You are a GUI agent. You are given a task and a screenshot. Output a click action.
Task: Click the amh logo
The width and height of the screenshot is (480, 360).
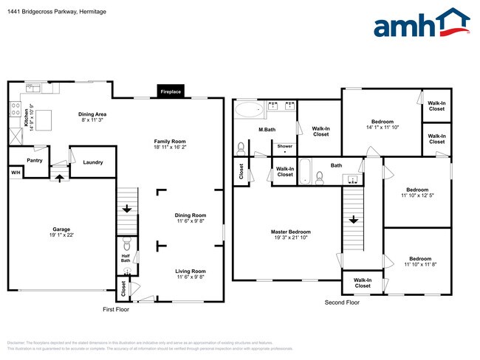421,24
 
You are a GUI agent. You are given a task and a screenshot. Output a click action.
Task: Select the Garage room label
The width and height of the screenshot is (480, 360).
61,232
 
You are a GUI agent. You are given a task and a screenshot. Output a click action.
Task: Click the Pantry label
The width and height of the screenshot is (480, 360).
34,160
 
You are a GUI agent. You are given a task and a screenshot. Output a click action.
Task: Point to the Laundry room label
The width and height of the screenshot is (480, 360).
92,162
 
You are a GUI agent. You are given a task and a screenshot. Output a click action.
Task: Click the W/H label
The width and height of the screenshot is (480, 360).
15,173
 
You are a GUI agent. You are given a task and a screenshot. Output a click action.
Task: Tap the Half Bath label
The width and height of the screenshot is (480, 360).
126,258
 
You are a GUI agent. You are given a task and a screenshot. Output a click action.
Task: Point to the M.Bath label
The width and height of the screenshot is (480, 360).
267,131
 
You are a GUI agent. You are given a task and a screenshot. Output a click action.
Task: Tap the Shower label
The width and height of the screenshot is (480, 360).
284,146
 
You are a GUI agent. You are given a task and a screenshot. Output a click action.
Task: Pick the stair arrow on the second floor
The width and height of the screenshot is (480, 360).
354,220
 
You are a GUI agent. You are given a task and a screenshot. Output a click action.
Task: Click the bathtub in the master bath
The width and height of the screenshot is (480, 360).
249,111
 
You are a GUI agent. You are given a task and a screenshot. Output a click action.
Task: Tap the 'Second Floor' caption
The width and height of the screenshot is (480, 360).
342,302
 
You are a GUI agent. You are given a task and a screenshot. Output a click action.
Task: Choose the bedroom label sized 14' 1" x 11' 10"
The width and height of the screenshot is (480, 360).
383,125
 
